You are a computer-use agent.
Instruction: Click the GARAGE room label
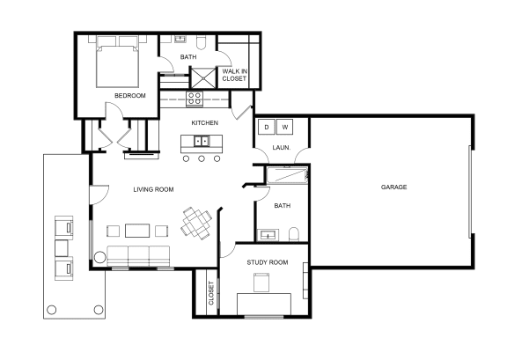pos(393,187)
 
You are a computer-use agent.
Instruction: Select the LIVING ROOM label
pos(153,189)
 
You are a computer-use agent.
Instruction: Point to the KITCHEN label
pos(205,122)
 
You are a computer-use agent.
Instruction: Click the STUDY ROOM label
pos(267,261)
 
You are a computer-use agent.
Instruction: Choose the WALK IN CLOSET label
pos(234,74)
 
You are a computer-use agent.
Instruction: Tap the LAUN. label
pos(282,147)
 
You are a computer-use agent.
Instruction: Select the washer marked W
pos(285,128)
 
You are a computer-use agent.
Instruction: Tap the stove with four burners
pos(195,98)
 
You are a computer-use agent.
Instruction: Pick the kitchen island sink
pos(202,141)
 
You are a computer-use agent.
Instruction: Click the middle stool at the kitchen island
pos(202,159)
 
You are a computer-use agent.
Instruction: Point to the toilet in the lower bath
pos(295,234)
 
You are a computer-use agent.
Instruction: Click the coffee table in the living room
pos(136,231)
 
